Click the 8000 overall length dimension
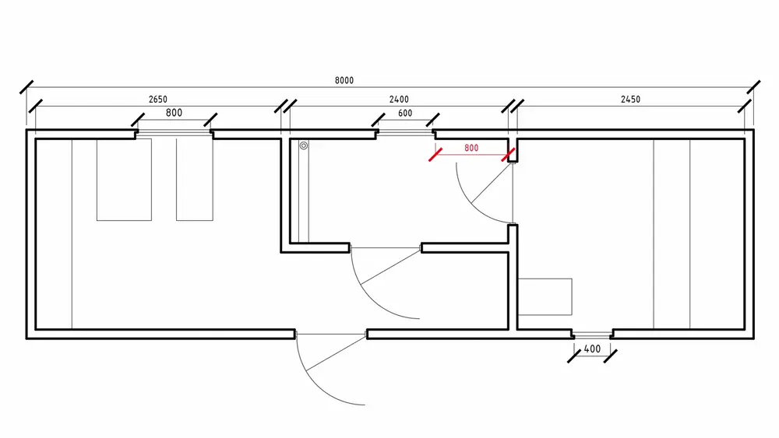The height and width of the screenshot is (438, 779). coord(344,80)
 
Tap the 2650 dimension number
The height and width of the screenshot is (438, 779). coord(158,100)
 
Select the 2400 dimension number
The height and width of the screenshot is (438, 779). coord(399,100)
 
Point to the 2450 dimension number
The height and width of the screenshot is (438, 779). coord(630,100)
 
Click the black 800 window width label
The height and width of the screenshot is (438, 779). coord(174,113)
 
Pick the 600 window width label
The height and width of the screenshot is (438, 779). coord(405,113)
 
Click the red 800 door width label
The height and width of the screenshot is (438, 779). coord(471,148)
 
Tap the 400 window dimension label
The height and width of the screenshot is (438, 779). coord(592,349)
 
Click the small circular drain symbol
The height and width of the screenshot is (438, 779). coord(304,145)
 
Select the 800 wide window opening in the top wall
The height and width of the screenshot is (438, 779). coord(174,133)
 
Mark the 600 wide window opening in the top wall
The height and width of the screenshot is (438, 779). coord(405,132)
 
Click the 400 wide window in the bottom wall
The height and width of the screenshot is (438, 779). coord(592,335)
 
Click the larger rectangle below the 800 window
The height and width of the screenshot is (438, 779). coord(124,180)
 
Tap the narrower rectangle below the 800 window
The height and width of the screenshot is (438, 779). coord(195,180)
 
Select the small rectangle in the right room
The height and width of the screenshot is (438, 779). coord(545,296)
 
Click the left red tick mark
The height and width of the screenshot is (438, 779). coord(435,155)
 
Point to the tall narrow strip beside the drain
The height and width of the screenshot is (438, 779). coord(304,191)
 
